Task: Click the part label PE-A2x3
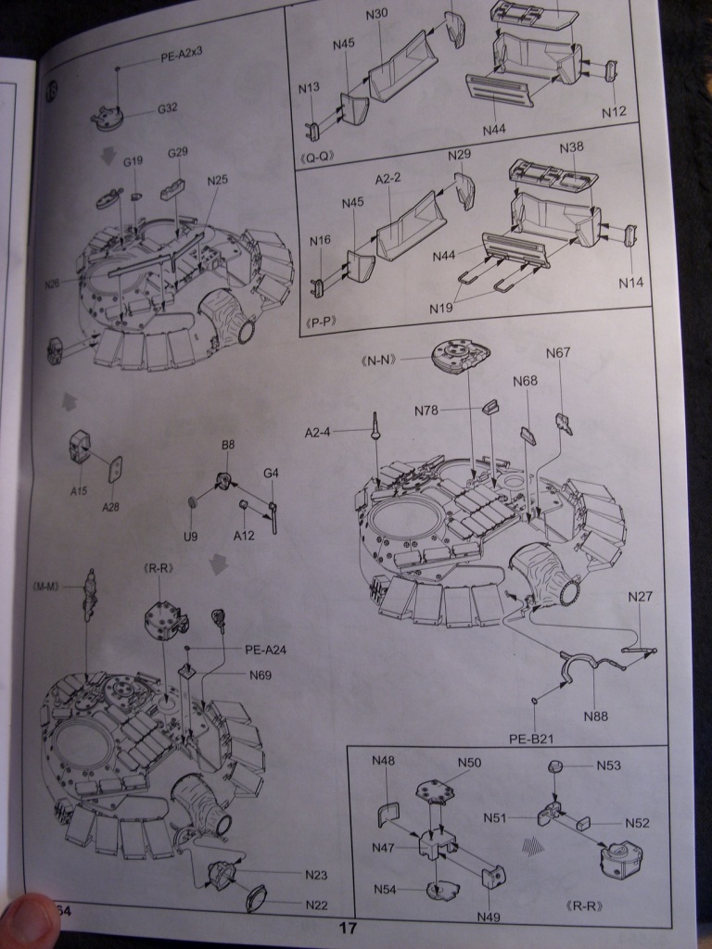point(182,55)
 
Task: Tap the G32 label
point(167,108)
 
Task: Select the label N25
point(218,179)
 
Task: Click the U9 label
point(190,536)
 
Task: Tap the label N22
point(316,905)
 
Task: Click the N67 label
point(559,352)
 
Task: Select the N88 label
point(596,715)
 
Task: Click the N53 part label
point(609,766)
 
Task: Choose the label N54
point(388,890)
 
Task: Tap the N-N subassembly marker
point(380,359)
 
